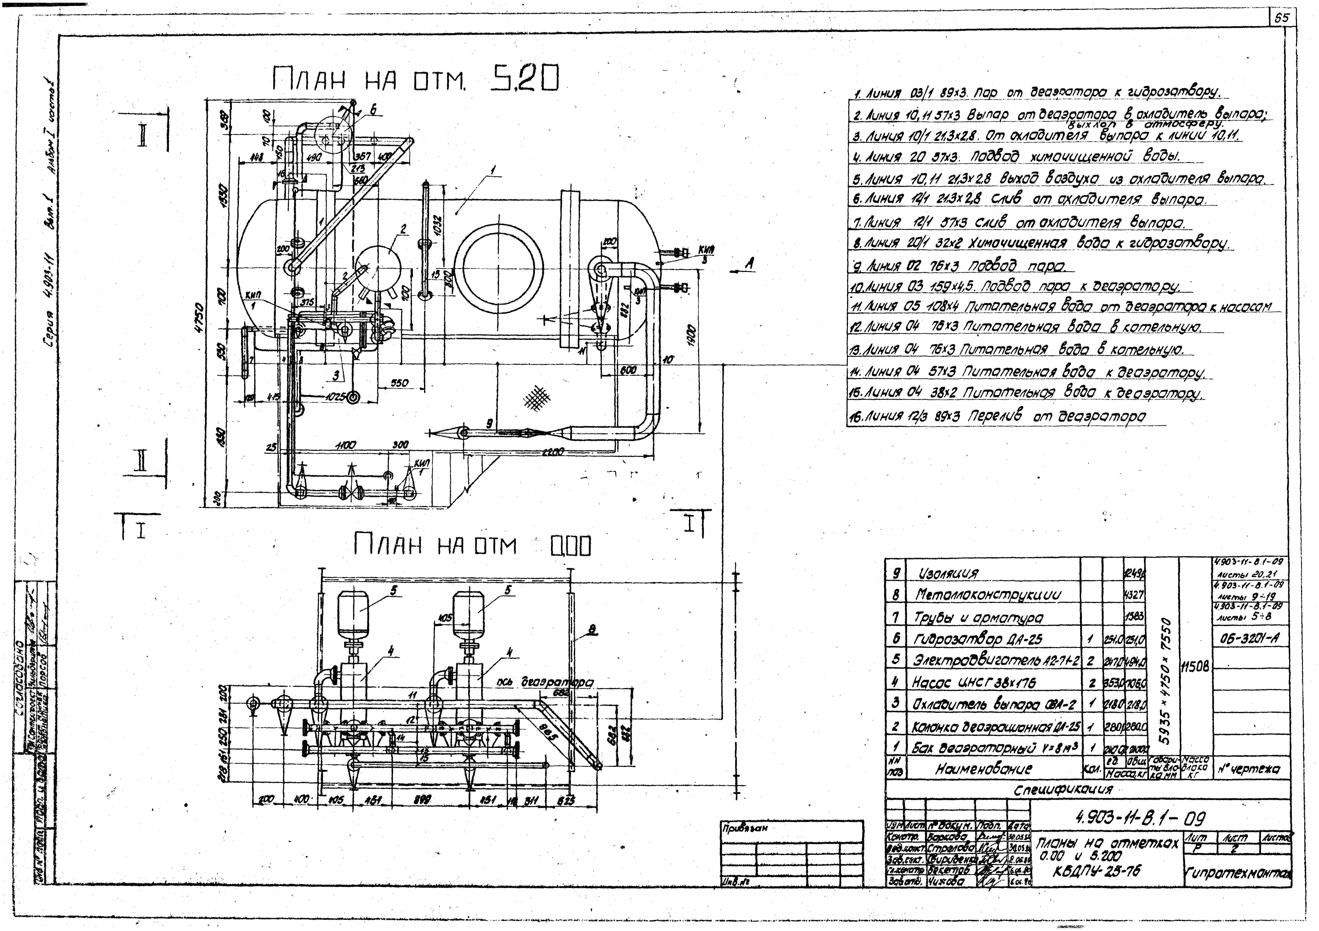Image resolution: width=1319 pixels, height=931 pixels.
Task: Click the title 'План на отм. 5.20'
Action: point(415,80)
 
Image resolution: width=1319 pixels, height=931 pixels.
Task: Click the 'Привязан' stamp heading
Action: point(744,829)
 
